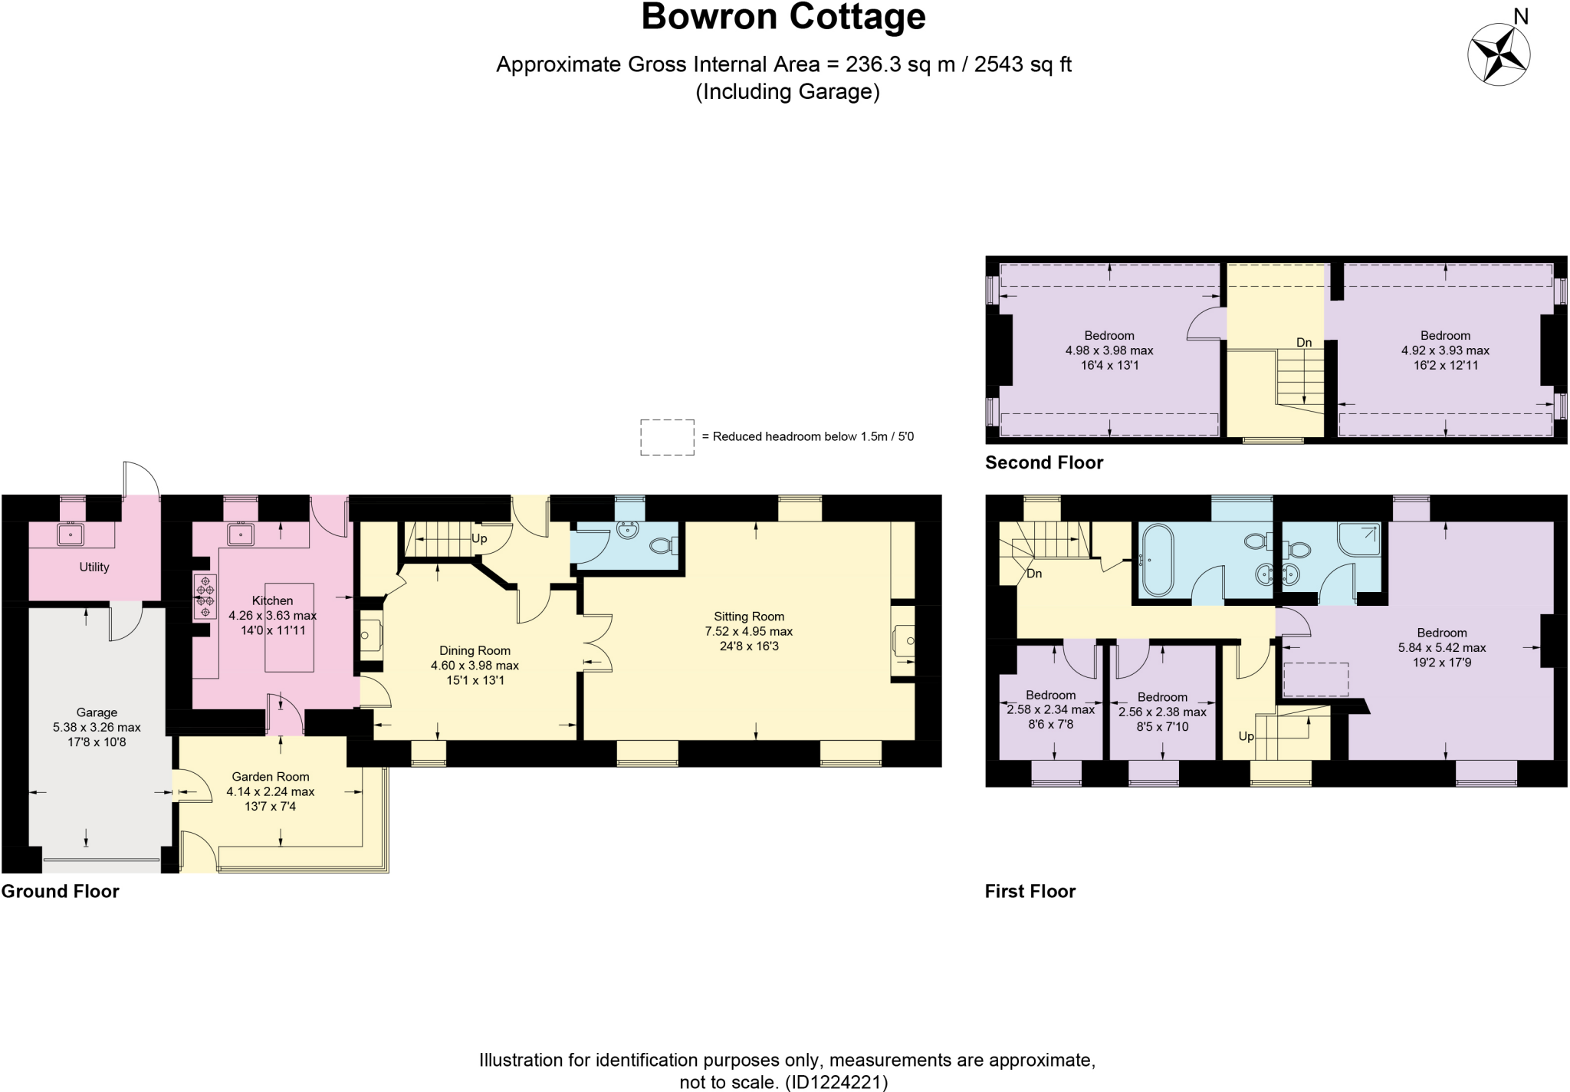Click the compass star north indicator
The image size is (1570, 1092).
tap(1499, 54)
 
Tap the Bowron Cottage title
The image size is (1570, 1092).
tap(783, 18)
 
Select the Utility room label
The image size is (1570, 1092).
tap(94, 567)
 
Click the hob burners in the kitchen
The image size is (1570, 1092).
tap(205, 597)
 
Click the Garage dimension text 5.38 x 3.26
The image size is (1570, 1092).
tap(97, 727)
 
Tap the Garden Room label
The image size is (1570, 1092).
tap(271, 777)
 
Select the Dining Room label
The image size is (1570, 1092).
tap(475, 650)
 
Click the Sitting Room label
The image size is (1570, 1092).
tap(748, 617)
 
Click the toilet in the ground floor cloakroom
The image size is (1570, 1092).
tap(662, 546)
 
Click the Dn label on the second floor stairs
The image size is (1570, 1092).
tap(1304, 342)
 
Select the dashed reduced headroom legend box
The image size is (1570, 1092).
tap(667, 437)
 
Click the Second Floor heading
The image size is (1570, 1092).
tap(1044, 462)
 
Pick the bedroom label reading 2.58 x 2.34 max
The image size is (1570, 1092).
tap(1050, 710)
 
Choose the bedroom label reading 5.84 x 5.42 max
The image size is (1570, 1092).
tap(1441, 647)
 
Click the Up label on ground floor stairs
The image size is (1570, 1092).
tap(479, 538)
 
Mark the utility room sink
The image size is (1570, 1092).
tap(71, 534)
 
